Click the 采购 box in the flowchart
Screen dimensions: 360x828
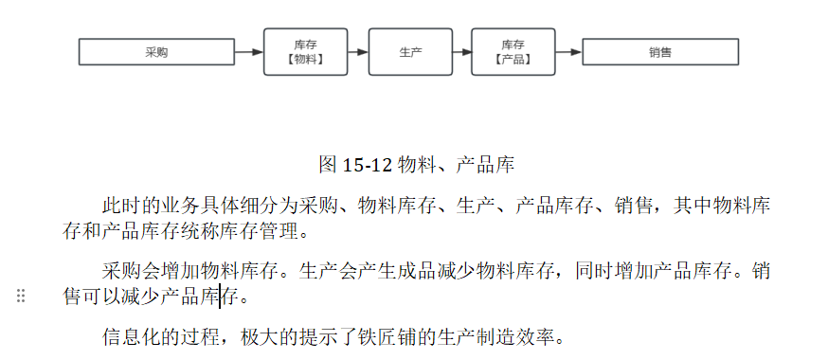pos(156,52)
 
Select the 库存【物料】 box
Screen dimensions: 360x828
pos(304,52)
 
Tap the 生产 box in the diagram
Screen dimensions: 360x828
pos(410,52)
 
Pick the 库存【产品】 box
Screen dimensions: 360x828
pos(513,52)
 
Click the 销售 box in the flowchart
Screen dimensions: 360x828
pos(660,52)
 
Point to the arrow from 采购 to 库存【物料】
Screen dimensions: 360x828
pos(248,52)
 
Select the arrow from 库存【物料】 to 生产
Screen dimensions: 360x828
pos(357,52)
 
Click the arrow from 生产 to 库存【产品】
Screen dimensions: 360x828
pos(461,52)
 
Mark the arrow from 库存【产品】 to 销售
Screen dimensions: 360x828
pos(567,52)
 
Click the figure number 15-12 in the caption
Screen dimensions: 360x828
pos(368,164)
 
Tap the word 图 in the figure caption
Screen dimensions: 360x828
pos(328,164)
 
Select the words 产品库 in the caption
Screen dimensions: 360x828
pos(486,164)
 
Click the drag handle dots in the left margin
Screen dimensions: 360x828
pos(21,297)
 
